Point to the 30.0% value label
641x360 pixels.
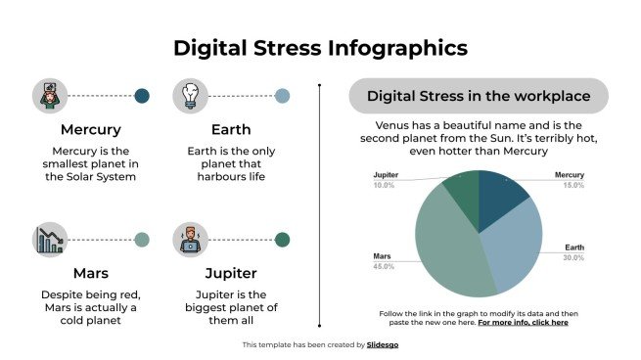[x=572, y=258]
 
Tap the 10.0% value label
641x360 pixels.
[x=384, y=185]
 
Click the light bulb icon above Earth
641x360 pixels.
[x=190, y=96]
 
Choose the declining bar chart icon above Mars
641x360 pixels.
[x=50, y=240]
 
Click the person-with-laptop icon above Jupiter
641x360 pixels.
[x=190, y=240]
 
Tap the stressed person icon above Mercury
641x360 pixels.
[x=50, y=96]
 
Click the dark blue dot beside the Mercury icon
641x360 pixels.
[x=142, y=96]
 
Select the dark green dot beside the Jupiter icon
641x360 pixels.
[x=282, y=240]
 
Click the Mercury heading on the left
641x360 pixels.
[x=91, y=129]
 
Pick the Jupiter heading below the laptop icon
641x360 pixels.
[x=230, y=273]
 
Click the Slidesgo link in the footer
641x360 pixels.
[x=383, y=344]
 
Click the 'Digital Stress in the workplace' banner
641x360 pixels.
[x=479, y=96]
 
